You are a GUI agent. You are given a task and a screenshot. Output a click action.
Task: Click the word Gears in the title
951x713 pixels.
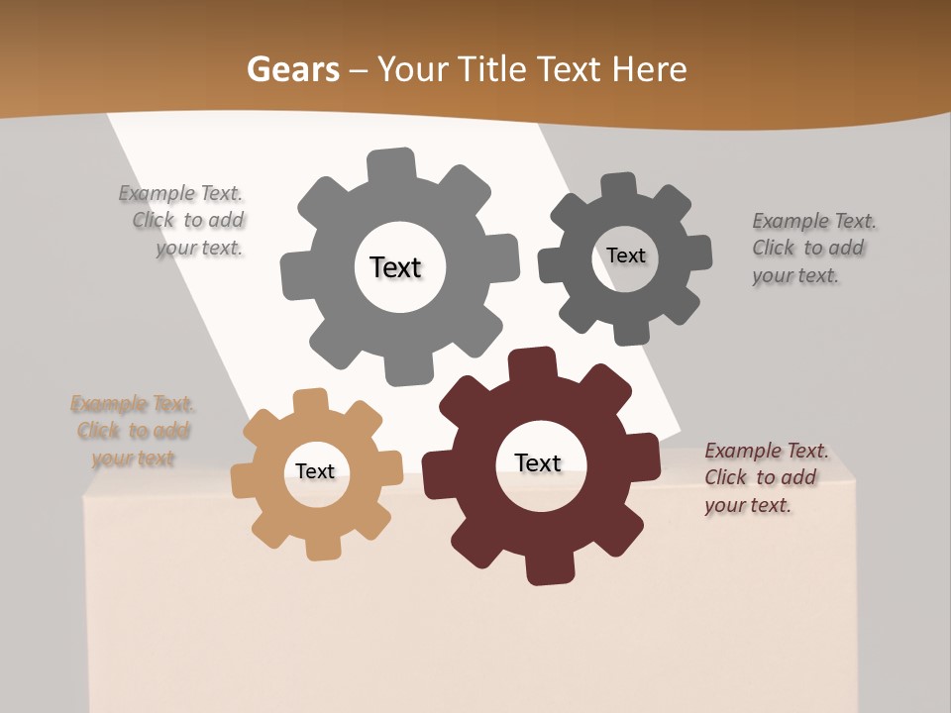[x=292, y=69]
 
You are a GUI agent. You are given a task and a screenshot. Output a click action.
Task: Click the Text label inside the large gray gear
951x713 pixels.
[x=395, y=267]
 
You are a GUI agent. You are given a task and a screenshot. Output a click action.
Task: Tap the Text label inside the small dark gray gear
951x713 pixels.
[x=625, y=255]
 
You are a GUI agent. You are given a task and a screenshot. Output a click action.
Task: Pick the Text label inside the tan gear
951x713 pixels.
[x=315, y=471]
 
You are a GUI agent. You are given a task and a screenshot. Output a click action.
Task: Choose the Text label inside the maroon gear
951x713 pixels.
[x=538, y=462]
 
